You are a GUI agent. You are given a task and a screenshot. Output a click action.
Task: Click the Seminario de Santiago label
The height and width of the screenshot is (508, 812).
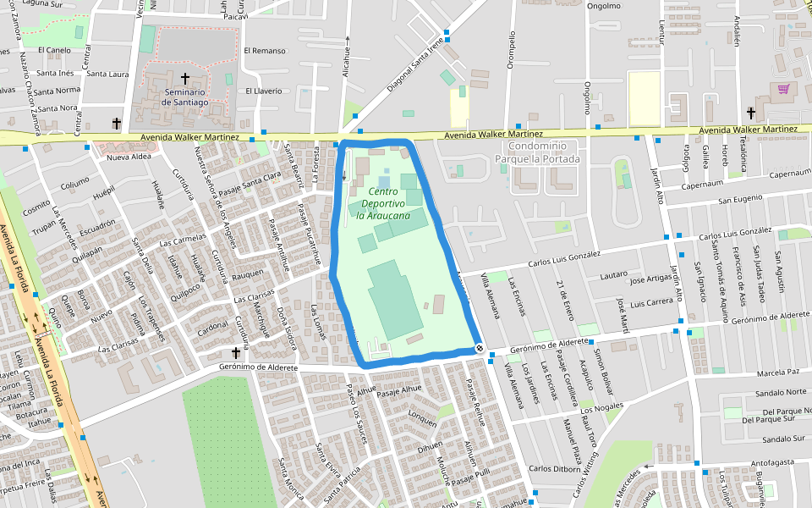tap(186, 97)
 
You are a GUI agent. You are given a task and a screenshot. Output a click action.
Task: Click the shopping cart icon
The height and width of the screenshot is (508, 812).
tap(783, 88)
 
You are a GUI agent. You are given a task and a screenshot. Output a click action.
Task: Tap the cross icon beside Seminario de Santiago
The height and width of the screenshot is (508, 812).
tap(184, 79)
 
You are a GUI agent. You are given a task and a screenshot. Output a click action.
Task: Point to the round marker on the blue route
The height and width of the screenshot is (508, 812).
tap(479, 348)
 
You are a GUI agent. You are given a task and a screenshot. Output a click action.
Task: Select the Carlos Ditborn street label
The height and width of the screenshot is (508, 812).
tap(553, 469)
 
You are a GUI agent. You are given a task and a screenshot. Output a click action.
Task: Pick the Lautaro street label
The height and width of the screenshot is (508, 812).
tap(613, 276)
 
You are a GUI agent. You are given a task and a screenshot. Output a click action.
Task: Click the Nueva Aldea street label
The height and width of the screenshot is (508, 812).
tap(129, 157)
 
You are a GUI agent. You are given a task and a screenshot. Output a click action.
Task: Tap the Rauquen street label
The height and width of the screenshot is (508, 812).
tap(248, 274)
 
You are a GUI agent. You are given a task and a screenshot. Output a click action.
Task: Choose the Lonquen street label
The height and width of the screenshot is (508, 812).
tap(422, 416)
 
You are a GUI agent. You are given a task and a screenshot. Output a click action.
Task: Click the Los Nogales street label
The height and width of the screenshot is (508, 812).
tap(601, 409)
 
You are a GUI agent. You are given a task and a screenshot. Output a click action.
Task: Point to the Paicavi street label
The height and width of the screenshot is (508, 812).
tap(236, 15)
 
